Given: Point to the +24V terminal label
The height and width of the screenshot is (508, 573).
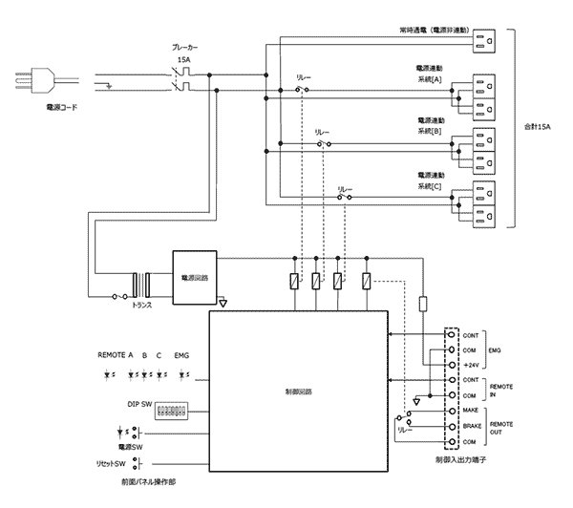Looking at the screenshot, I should coord(471,364).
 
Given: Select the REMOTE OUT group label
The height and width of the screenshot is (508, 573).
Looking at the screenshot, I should coord(501,427).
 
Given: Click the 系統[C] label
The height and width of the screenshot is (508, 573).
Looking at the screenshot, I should coord(431,187).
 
